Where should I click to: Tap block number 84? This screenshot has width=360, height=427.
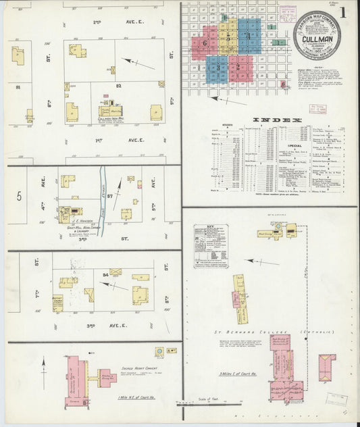pyautogui.click(x=105, y=274)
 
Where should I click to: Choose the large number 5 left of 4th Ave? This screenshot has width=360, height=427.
pyautogui.click(x=20, y=197)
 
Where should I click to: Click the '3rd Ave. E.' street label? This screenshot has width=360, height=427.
pyautogui.click(x=111, y=325)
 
